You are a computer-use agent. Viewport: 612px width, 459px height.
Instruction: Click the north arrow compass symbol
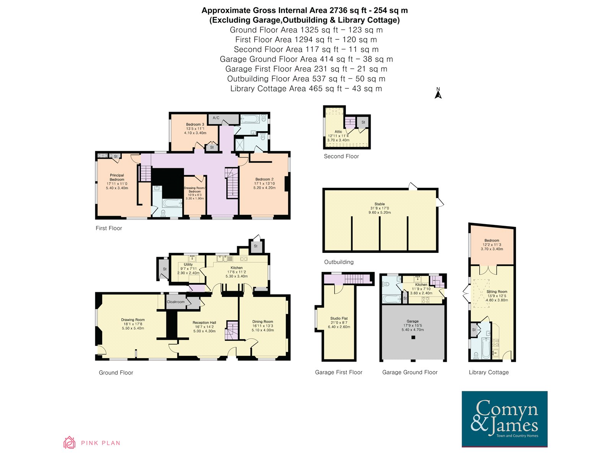[438, 93]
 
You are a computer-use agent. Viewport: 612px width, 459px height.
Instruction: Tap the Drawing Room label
[133, 320]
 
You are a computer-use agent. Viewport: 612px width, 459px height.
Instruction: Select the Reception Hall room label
[204, 322]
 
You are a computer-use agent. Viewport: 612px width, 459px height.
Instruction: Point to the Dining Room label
[263, 321]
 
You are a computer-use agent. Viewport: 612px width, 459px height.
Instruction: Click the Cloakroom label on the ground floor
[176, 302]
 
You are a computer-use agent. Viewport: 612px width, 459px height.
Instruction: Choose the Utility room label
[188, 264]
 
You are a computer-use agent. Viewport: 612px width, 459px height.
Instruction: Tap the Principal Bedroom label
[117, 177]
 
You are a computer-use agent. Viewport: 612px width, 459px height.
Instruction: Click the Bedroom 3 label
[195, 124]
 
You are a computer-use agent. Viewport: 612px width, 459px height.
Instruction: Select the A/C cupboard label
[216, 118]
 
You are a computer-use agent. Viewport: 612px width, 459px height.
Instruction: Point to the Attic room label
[338, 132]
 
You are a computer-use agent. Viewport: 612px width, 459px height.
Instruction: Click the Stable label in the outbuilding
[379, 204]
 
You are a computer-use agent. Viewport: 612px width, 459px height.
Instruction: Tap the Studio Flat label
[339, 318]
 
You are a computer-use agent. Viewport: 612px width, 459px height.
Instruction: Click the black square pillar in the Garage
[413, 337]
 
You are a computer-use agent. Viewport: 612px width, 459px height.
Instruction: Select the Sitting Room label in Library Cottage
[497, 291]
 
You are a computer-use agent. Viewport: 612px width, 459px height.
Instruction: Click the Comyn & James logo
[505, 419]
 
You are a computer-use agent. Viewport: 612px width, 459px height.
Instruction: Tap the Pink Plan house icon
[70, 443]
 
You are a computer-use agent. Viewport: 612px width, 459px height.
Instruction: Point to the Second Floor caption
[341, 156]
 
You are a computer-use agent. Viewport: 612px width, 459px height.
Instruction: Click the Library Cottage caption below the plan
[489, 372]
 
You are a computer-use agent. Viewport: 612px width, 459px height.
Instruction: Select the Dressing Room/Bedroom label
[195, 189]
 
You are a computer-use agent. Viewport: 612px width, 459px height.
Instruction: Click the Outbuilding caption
[339, 262]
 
